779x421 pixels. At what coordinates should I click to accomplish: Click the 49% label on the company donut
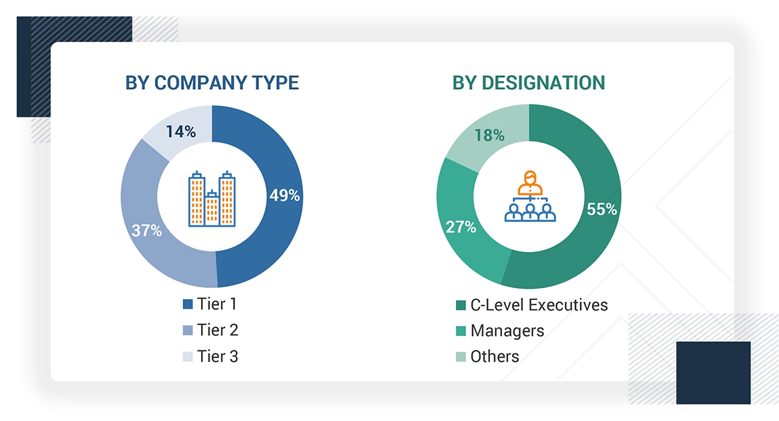(284, 196)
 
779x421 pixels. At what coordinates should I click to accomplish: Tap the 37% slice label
(146, 231)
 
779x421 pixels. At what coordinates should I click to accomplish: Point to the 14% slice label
(180, 132)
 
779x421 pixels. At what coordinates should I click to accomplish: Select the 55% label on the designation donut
(602, 209)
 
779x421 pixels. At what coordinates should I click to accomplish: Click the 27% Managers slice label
(461, 226)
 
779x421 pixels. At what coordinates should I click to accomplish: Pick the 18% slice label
(489, 135)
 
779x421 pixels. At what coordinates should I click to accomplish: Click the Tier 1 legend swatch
(188, 305)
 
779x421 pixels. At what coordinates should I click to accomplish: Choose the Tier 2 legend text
(217, 330)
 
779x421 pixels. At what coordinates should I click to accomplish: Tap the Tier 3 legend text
(217, 356)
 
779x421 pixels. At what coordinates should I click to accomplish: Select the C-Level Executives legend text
(539, 305)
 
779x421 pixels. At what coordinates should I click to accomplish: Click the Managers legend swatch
(461, 331)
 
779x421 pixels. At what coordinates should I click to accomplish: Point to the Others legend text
(495, 356)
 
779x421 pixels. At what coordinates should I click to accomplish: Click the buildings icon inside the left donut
(212, 198)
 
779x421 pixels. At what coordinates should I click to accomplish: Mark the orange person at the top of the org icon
(530, 179)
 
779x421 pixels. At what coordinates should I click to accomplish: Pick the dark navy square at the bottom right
(713, 372)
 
